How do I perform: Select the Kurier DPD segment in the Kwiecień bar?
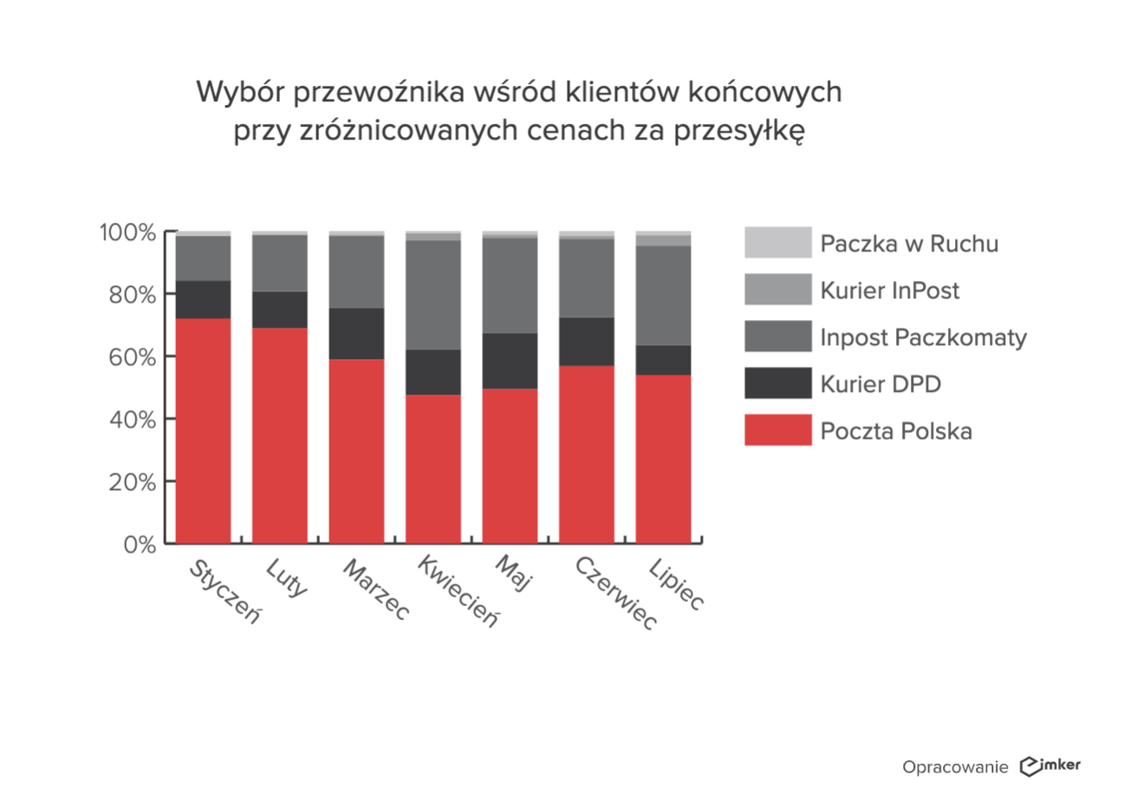[x=433, y=372]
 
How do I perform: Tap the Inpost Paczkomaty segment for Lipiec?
[x=663, y=296]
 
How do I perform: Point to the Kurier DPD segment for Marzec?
[x=356, y=334]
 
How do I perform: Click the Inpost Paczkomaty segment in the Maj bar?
[x=510, y=285]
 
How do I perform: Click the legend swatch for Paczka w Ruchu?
[x=777, y=243]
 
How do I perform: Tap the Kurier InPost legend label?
[x=889, y=290]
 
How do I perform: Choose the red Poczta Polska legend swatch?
[x=777, y=430]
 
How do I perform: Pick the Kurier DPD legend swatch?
[x=777, y=383]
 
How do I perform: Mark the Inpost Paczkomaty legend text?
[x=923, y=337]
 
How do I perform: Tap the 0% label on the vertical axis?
[x=140, y=545]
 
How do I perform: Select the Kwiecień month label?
[x=458, y=591]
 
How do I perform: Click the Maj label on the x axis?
[x=512, y=574]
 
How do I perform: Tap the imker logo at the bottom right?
[x=1050, y=766]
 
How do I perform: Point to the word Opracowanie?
[x=955, y=767]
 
